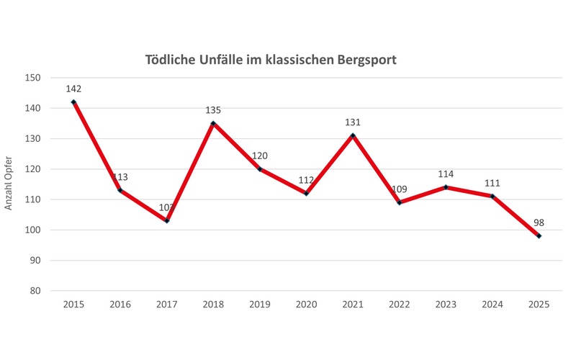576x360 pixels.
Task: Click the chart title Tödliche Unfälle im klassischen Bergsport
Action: click(271, 59)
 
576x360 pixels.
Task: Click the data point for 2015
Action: click(73, 102)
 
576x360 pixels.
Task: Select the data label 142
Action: click(73, 89)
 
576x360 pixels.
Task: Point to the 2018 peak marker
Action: click(213, 123)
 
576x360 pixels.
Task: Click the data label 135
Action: click(213, 110)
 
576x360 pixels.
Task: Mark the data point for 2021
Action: click(353, 135)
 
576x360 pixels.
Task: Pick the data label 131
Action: click(353, 122)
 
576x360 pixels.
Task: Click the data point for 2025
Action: click(539, 236)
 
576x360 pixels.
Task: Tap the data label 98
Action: click(539, 223)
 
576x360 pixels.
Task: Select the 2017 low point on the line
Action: click(166, 220)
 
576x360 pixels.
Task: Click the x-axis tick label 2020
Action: click(306, 305)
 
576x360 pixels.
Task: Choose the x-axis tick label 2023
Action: click(446, 305)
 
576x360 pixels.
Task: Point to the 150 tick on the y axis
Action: click(33, 78)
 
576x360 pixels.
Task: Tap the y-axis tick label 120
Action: click(33, 169)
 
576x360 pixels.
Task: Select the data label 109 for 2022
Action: click(399, 189)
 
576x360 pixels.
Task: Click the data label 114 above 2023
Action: click(446, 174)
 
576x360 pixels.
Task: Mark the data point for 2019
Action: click(259, 169)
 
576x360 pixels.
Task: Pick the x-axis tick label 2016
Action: click(120, 305)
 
